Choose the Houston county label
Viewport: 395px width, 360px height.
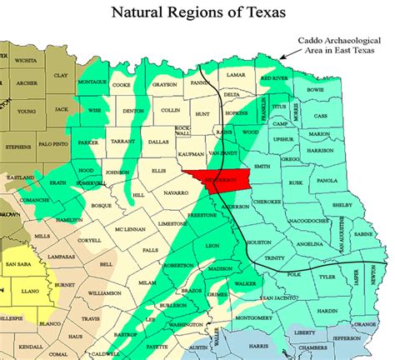click(260, 242)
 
